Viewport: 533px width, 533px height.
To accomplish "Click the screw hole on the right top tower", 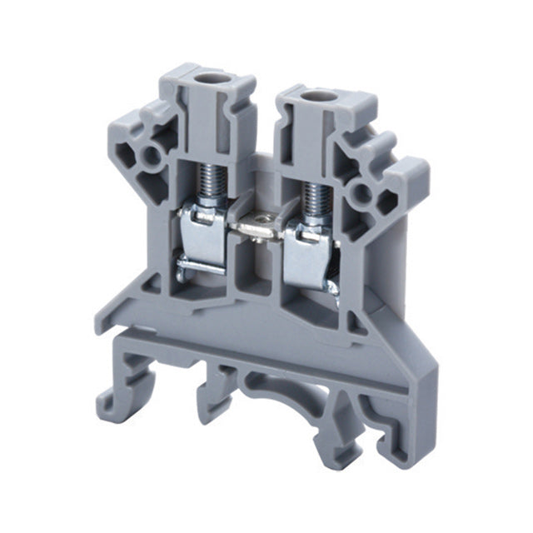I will (x=313, y=97).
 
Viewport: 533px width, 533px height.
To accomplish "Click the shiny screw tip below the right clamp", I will (x=332, y=287).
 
